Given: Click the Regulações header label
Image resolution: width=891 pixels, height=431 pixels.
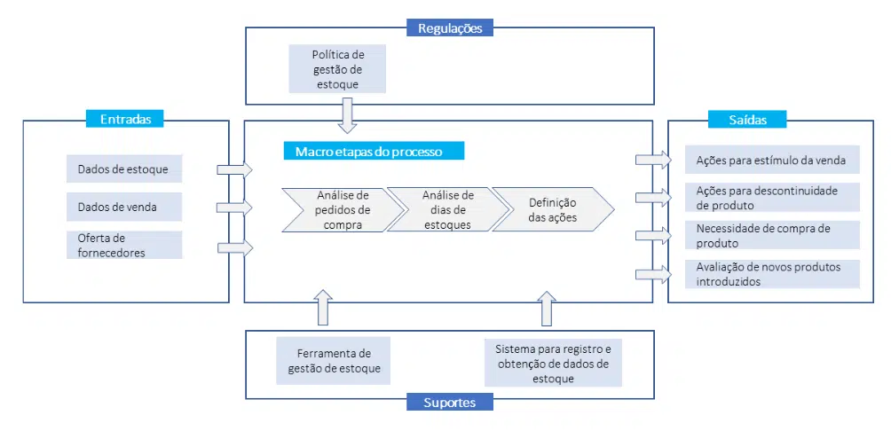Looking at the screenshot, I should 450,28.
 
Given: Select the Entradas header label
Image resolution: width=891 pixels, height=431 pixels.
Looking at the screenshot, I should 125,119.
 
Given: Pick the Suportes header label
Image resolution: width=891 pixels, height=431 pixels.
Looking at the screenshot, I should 450,403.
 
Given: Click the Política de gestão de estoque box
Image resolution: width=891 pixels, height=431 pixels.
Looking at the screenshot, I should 337,69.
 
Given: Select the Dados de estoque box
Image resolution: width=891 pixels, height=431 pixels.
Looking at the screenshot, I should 124,168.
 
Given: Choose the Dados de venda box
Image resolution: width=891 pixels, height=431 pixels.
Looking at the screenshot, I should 124,207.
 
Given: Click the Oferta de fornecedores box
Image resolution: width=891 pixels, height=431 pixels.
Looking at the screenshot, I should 124,245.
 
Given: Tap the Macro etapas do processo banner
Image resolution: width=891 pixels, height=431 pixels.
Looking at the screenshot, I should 375,152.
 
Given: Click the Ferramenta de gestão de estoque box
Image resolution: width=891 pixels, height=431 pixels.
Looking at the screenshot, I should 333,361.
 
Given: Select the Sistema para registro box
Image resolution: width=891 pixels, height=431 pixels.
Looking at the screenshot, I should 553,362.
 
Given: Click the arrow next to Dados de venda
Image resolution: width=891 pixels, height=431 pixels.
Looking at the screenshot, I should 234,208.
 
